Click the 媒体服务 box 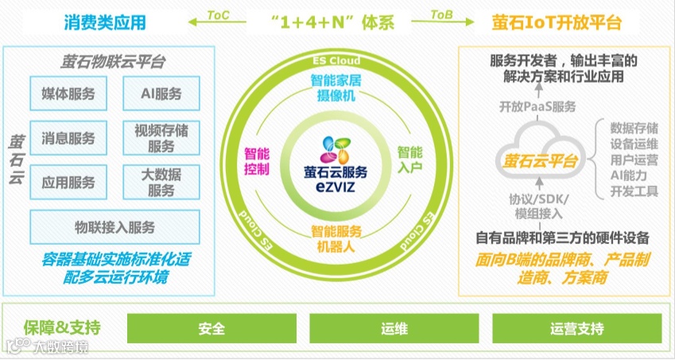click(68, 94)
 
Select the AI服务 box click(161, 94)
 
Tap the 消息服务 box click(68, 138)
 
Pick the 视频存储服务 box click(161, 138)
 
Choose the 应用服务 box click(68, 182)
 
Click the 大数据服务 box click(161, 182)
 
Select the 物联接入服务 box click(114, 227)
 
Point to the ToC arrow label click(220, 15)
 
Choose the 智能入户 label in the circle click(409, 159)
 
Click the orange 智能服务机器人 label click(336, 238)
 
